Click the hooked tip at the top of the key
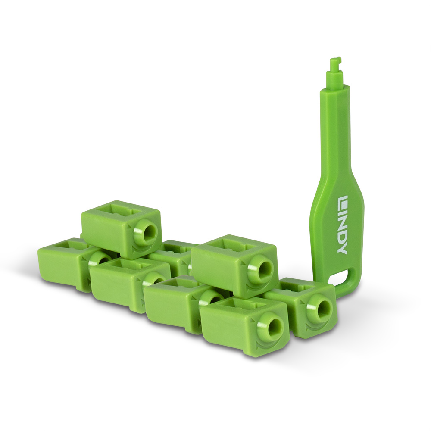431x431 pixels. click(334, 65)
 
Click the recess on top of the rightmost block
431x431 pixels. click(297, 286)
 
